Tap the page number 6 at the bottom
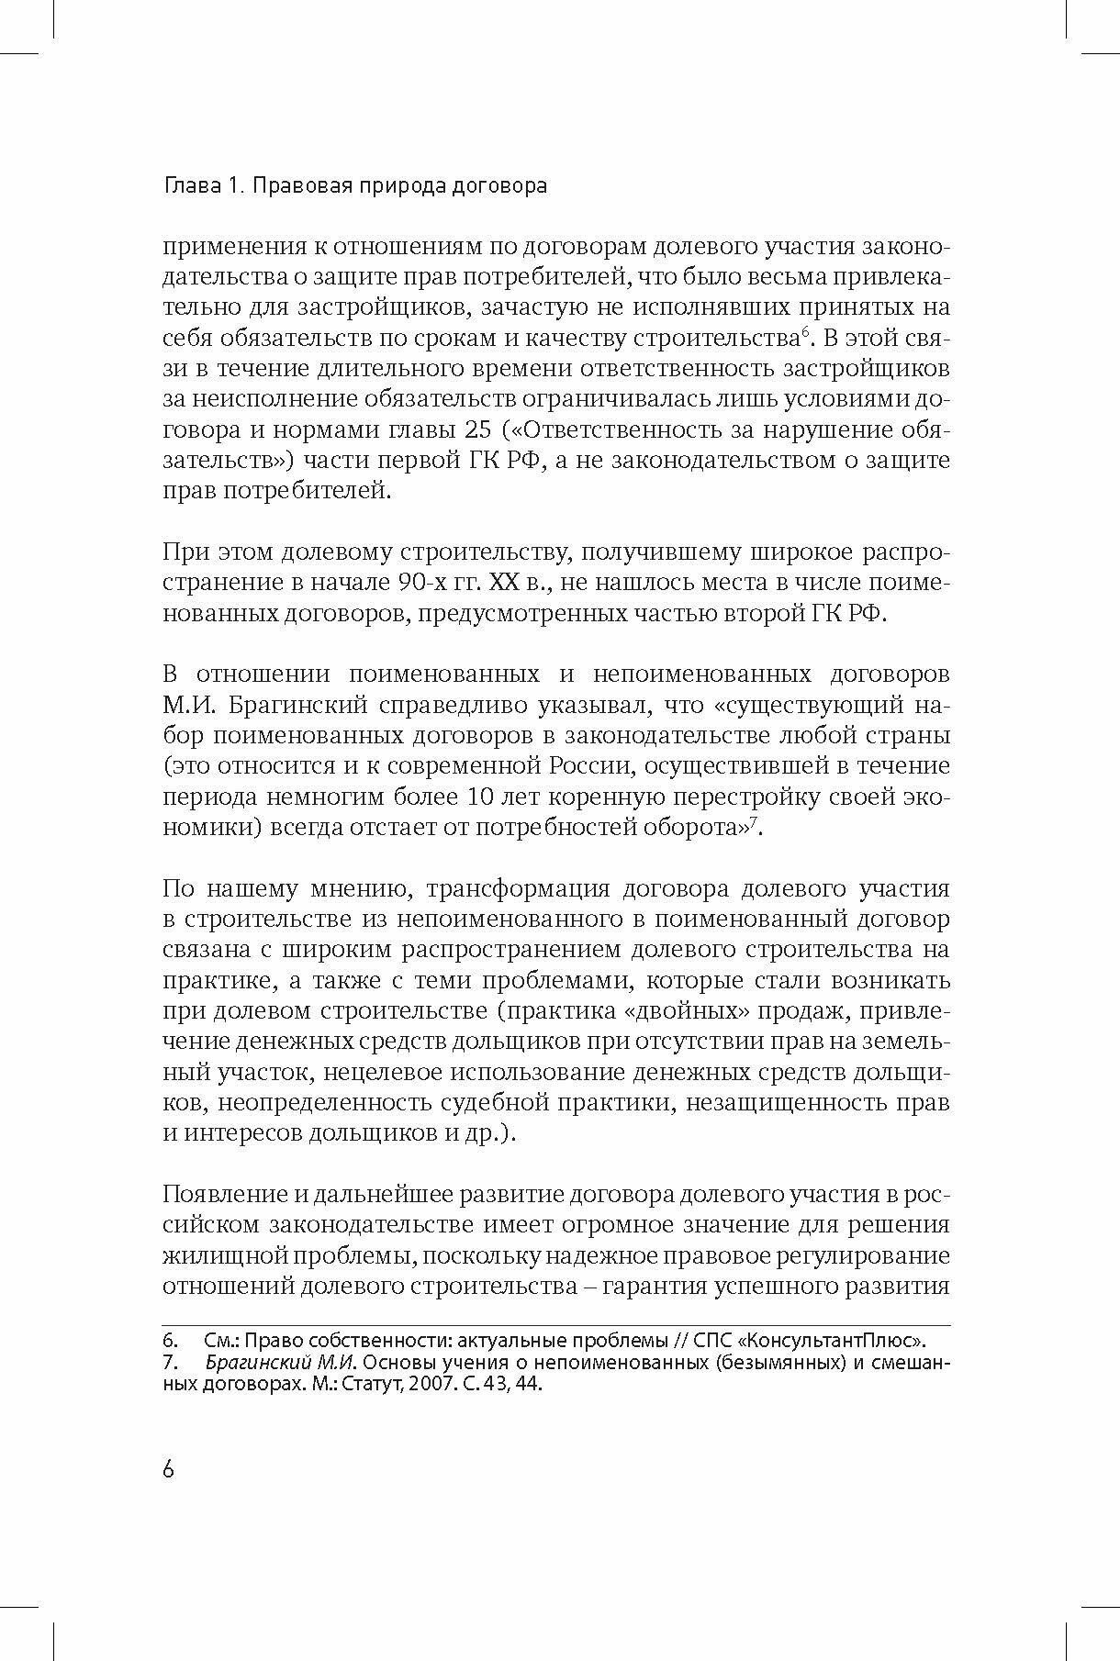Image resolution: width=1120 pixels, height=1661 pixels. pos(168,1469)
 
